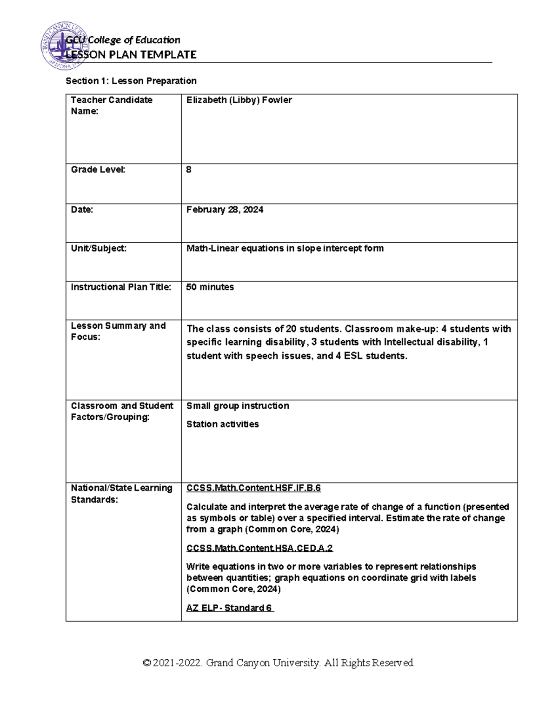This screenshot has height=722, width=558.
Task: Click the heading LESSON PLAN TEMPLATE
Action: [131, 55]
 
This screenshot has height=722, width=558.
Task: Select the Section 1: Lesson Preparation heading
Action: [131, 81]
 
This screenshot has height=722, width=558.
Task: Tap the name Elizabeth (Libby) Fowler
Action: [239, 100]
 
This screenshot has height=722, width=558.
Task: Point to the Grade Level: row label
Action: [98, 170]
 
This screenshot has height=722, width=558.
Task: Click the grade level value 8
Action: [189, 170]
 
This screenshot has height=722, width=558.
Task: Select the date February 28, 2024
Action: [225, 210]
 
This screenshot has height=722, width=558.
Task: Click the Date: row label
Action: [82, 210]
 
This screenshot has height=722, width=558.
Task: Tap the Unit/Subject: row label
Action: [99, 248]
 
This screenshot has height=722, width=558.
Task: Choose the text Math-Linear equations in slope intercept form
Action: [285, 248]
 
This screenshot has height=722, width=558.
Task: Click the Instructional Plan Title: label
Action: [121, 287]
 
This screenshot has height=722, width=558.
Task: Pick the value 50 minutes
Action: [210, 287]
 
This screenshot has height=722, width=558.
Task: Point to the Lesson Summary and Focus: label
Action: [118, 331]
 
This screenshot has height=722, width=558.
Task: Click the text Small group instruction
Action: [238, 406]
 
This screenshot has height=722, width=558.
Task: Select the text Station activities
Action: [222, 424]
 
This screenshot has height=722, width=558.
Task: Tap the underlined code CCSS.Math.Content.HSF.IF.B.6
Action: [253, 488]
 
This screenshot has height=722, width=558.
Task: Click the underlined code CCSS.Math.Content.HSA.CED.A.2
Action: [259, 548]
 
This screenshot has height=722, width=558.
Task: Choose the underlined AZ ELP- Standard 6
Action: [230, 608]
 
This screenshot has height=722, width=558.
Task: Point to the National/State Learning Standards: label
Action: [121, 494]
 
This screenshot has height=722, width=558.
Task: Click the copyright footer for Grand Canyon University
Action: [279, 662]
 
